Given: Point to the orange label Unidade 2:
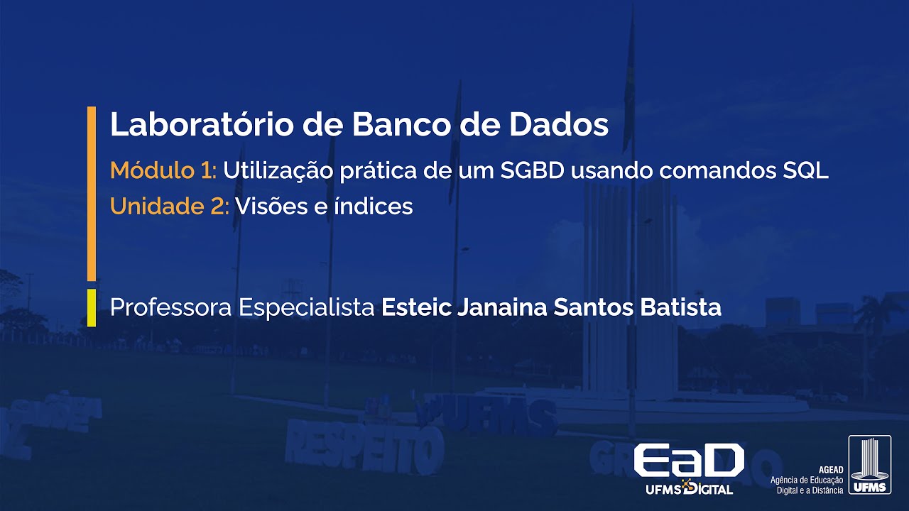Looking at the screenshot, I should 169,207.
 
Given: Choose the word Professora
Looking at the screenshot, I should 171,308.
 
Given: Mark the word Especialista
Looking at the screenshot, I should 307,308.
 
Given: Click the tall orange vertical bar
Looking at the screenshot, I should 91,193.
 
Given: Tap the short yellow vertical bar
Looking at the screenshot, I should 91,308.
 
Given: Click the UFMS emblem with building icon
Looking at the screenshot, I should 869,465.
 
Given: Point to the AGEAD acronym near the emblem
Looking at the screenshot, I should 830,471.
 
